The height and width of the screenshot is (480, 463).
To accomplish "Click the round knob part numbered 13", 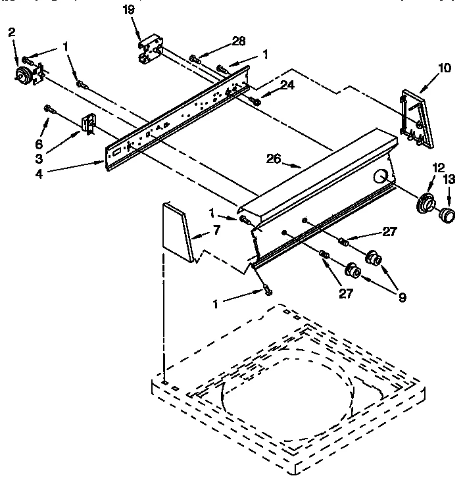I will click(447, 214).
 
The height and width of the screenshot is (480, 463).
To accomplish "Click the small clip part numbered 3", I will click(87, 124).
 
